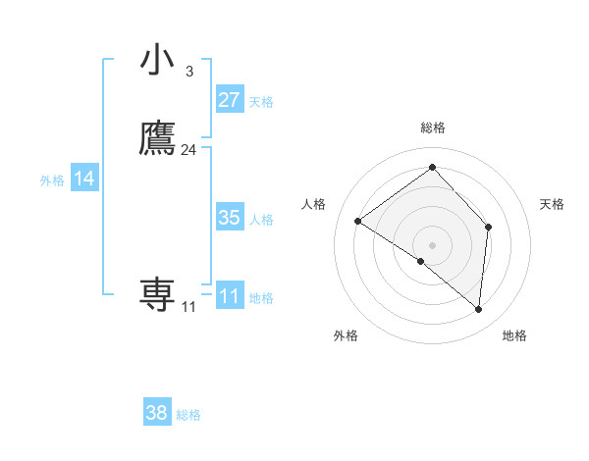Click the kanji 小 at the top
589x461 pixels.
pos(157,60)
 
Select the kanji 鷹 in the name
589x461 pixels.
pos(157,138)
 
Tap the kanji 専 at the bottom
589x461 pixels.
pos(157,294)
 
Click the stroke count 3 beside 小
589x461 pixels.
pos(188,72)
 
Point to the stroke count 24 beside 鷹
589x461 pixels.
pos(188,150)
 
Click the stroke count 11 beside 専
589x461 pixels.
pos(188,307)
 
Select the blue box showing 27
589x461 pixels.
pos(229,100)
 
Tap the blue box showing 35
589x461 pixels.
pos(229,218)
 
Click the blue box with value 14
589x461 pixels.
pos(84,179)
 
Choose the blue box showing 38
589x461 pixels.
pos(156,413)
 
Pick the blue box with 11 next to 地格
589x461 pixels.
pos(229,296)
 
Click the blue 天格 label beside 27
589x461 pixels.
pos(261,102)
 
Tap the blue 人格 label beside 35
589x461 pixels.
pos(261,220)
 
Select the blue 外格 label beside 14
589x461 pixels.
pos(52,180)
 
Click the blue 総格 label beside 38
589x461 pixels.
pos(188,415)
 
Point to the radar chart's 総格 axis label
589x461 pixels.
pos(433,128)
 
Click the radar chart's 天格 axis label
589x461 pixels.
pos(552,204)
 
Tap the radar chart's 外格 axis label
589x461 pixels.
pos(346,335)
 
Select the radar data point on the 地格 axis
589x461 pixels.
pos(479,310)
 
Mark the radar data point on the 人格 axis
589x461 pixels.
pos(358,221)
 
